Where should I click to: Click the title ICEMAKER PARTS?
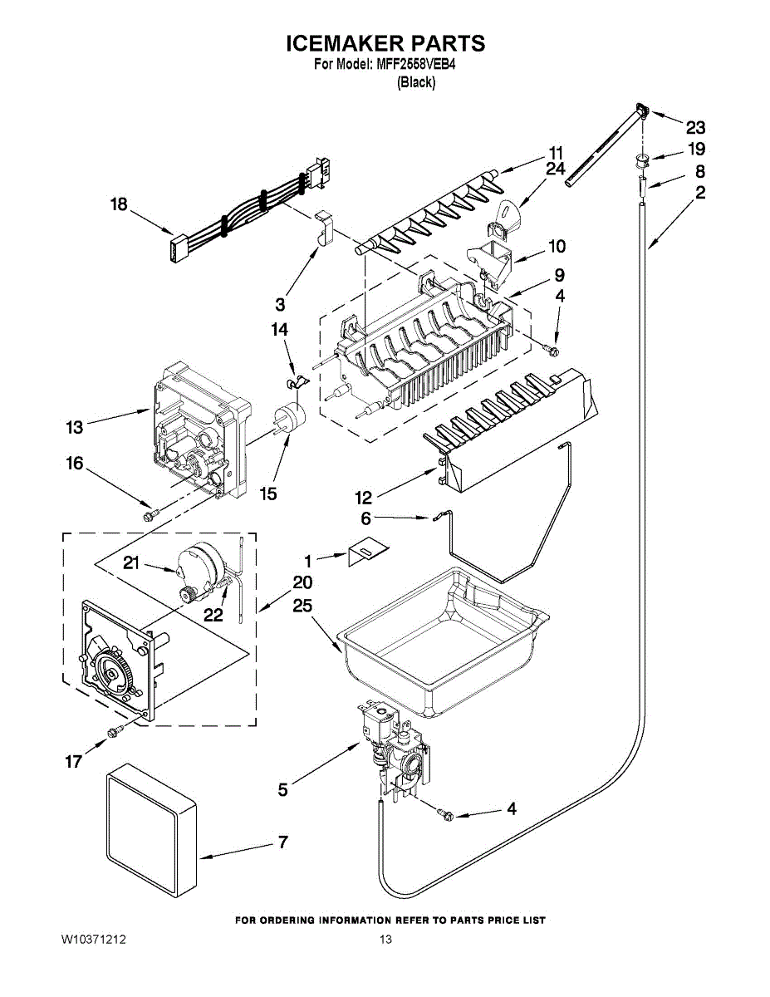coord(385,43)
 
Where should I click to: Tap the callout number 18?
coord(120,204)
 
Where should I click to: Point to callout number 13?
coord(76,428)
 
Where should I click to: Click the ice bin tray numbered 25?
coord(440,640)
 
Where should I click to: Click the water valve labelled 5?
coord(395,744)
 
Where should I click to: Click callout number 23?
coord(694,127)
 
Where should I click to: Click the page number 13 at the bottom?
coord(385,940)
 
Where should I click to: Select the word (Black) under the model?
coord(416,82)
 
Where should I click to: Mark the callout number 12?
coord(363,498)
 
